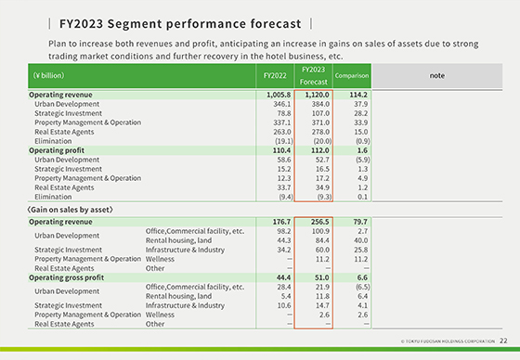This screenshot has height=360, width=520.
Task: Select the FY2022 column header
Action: (275, 75)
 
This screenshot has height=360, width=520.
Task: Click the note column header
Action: (440, 75)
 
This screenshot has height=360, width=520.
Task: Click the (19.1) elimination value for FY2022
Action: (279, 142)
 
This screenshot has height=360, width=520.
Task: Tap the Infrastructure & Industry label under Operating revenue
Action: (185, 250)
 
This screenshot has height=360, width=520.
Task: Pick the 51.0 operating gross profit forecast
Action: (318, 277)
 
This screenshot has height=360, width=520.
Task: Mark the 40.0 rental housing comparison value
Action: (358, 240)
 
